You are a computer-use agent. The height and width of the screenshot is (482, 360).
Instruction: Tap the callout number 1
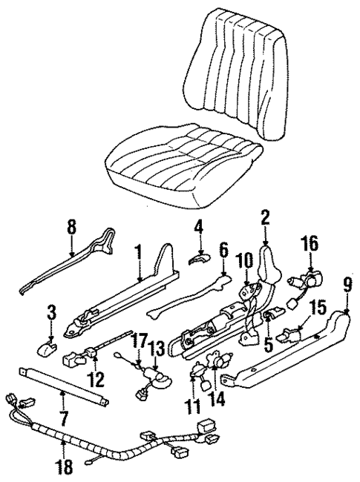138,254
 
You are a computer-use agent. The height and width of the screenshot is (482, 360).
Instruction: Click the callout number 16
309,243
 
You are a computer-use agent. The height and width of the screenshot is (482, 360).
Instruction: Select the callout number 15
318,308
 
